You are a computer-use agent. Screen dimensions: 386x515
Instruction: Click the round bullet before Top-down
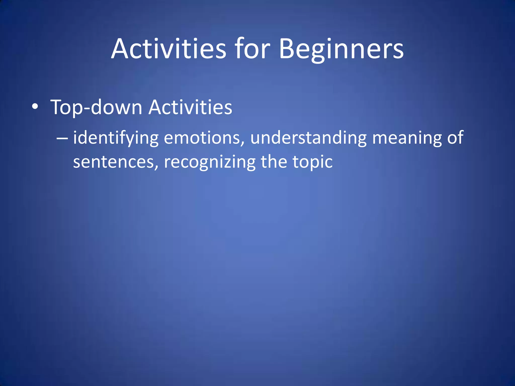pos(35,107)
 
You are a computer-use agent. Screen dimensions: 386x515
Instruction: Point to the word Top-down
pos(96,108)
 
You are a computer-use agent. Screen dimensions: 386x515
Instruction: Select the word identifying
pos(116,138)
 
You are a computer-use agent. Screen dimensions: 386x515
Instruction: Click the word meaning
pos(407,138)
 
